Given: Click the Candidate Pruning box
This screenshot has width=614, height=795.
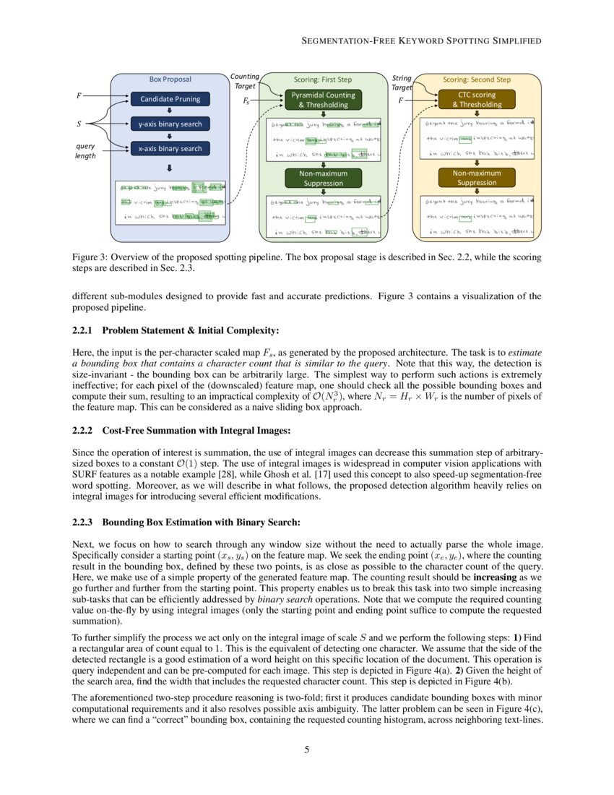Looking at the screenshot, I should (170, 99).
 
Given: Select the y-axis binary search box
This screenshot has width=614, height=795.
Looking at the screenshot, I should (170, 124).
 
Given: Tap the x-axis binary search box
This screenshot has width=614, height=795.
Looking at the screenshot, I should (170, 148).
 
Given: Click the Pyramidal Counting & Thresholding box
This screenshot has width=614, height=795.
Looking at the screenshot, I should (324, 100).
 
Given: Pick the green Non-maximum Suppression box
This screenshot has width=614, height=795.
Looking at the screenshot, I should (324, 178).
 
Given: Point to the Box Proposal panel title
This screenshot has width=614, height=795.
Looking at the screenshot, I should (170, 79).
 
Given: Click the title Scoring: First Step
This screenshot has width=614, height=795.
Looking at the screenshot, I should (324, 79).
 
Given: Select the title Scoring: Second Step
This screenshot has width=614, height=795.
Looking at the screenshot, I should (476, 79).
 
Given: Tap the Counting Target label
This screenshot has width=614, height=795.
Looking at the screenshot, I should (244, 82).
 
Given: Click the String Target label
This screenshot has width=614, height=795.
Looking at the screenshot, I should (402, 82).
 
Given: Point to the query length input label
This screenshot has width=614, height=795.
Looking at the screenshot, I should (85, 150).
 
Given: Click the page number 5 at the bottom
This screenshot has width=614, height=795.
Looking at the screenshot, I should (307, 749).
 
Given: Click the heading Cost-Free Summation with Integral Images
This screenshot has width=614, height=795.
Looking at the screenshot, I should (196, 431).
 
